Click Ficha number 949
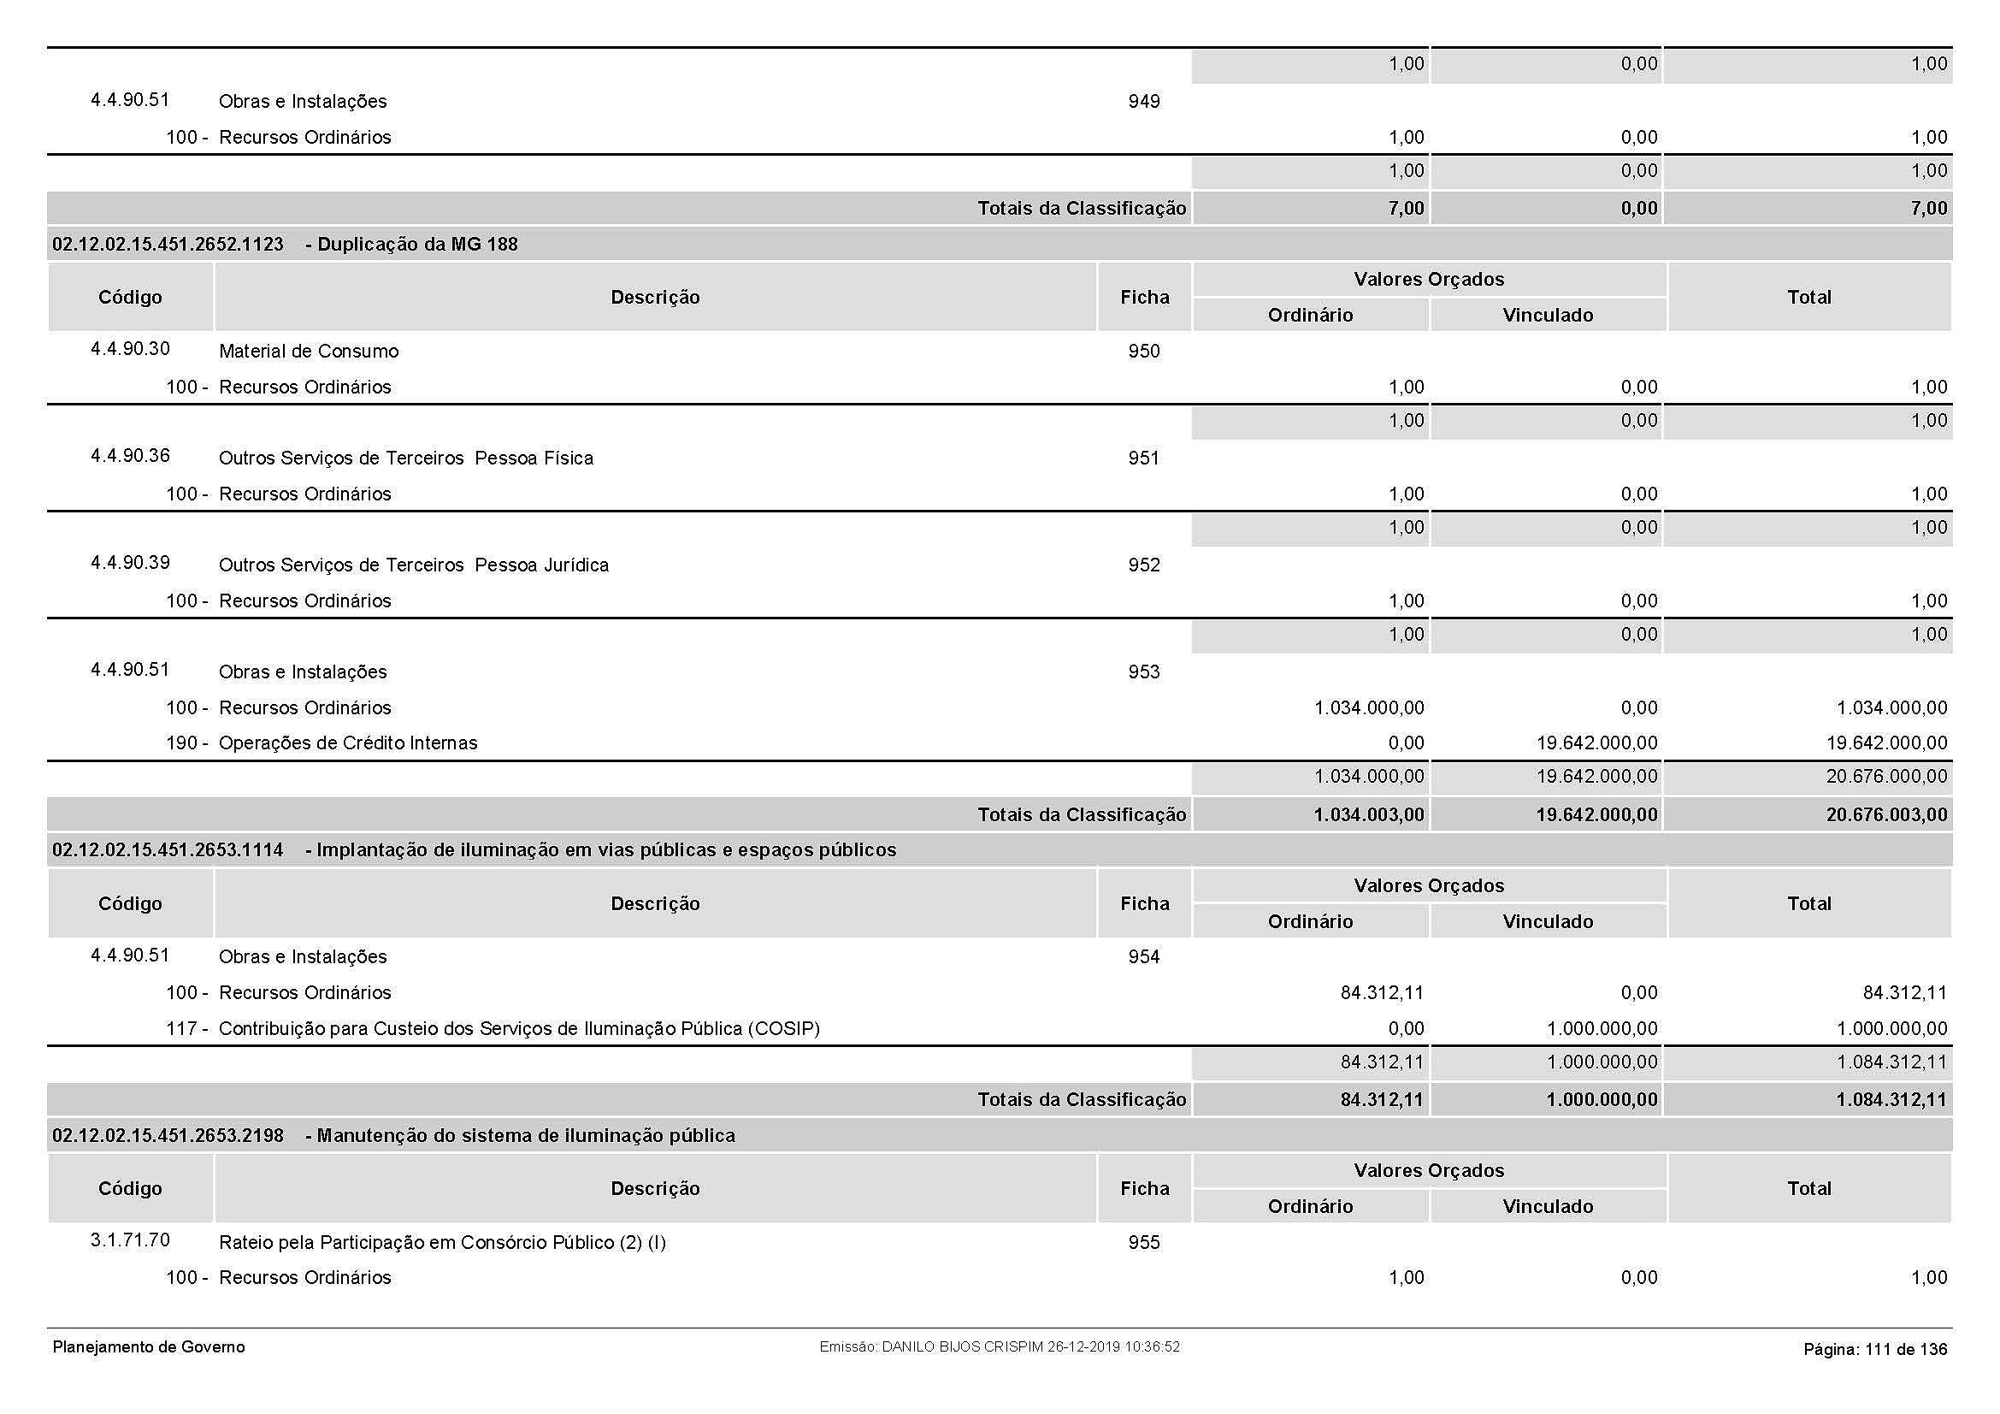[x=1144, y=102]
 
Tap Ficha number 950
[x=1144, y=352]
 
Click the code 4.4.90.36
[x=131, y=456]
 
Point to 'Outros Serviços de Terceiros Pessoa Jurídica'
[x=414, y=565]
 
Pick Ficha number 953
[x=1144, y=672]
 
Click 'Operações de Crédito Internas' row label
[x=347, y=743]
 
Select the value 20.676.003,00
[x=1886, y=815]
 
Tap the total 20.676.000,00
[x=1886, y=777]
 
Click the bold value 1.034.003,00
[x=1368, y=815]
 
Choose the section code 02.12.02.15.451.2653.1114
[x=168, y=850]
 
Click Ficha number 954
[x=1144, y=957]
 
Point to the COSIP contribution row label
[x=519, y=1029]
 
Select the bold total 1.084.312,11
[x=1891, y=1100]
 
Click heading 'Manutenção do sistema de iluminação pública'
[x=525, y=1136]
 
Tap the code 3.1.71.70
[x=131, y=1240]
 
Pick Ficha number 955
[x=1144, y=1243]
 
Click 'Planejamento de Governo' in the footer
[x=149, y=1348]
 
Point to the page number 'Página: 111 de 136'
[x=1874, y=1350]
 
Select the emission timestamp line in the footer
[x=999, y=1348]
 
